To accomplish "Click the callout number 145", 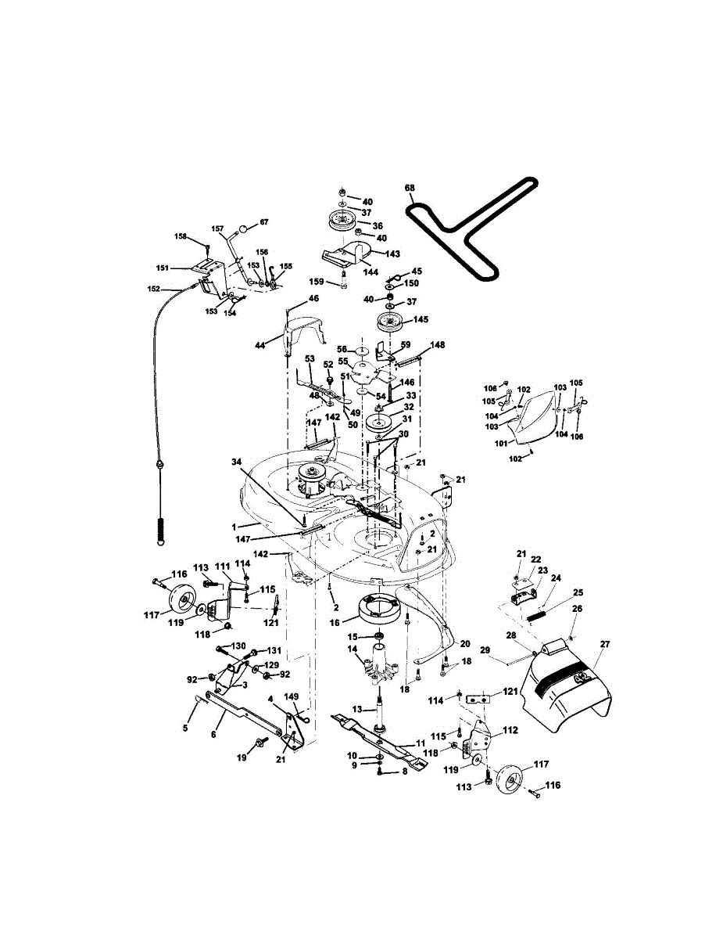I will coord(421,319).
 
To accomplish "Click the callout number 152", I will coord(153,289).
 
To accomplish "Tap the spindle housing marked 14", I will coord(378,669).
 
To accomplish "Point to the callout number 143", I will coord(392,254).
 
